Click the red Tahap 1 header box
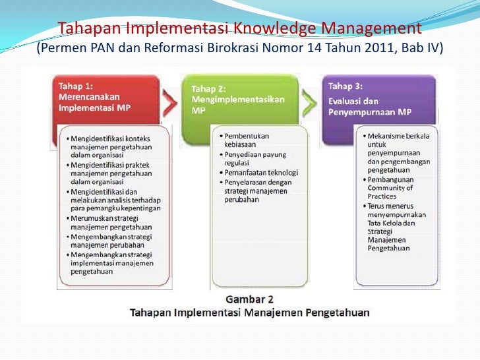(105, 99)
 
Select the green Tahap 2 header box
(241, 99)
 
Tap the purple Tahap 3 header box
(378, 99)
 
